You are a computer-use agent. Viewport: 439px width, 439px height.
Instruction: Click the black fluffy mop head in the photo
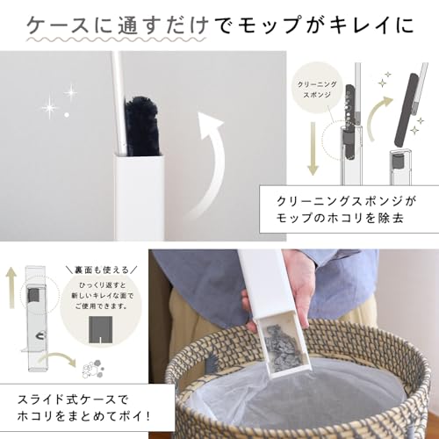142,126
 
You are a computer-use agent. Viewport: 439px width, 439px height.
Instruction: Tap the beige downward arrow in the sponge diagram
313,148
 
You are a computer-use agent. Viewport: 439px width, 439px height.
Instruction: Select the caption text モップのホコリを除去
340,219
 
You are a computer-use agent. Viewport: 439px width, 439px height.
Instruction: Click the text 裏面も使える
102,270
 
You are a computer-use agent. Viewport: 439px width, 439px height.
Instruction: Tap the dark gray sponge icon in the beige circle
100,329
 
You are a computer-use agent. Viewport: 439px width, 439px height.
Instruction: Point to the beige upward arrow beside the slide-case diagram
11,287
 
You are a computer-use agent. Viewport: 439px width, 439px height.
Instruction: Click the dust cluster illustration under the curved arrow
93,371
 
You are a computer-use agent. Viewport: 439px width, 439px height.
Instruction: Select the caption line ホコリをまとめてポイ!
84,416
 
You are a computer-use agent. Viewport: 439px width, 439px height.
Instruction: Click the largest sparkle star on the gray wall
50,108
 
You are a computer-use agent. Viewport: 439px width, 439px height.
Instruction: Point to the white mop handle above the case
119,104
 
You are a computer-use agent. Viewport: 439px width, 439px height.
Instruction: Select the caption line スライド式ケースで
73,399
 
